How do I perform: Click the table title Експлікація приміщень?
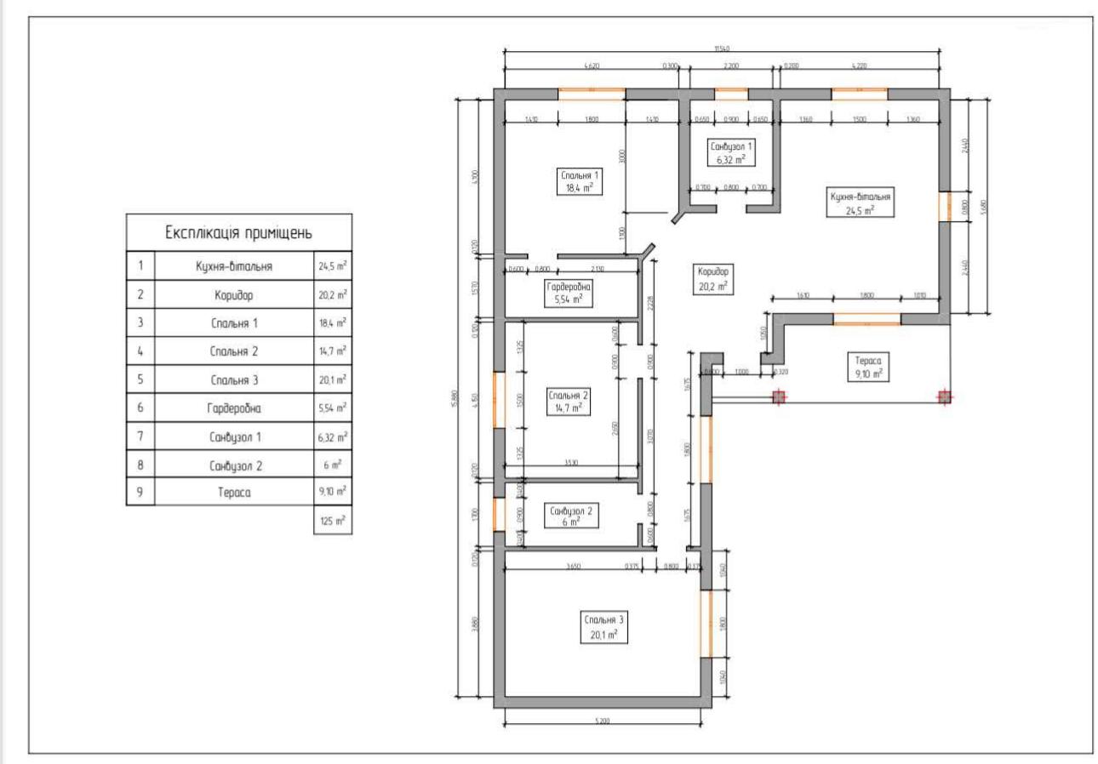tap(238, 232)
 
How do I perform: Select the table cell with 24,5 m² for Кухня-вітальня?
tap(333, 266)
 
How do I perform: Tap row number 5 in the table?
tap(140, 379)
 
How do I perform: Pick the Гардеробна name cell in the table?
tap(233, 408)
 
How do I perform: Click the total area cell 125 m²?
tap(333, 521)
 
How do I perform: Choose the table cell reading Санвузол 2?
tap(233, 465)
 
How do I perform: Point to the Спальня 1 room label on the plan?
tap(575, 181)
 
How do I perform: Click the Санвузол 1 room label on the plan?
tap(730, 152)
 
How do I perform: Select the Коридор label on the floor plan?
tap(712, 278)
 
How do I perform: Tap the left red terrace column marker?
tap(778, 396)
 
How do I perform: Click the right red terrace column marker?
tap(943, 396)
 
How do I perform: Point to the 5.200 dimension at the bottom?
tap(603, 721)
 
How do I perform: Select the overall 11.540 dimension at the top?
tap(722, 48)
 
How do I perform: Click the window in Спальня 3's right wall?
tap(705, 624)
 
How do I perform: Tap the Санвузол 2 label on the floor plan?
tap(571, 516)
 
